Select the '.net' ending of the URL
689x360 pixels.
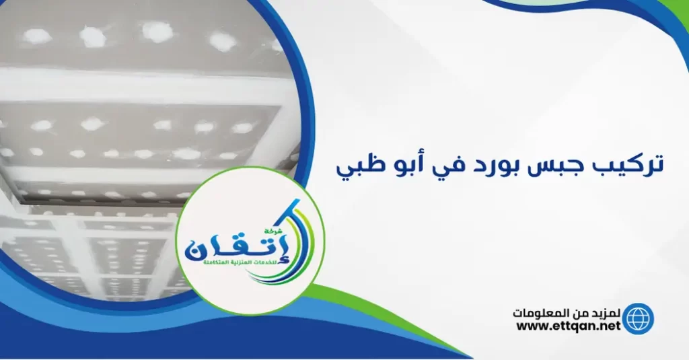click(605, 326)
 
